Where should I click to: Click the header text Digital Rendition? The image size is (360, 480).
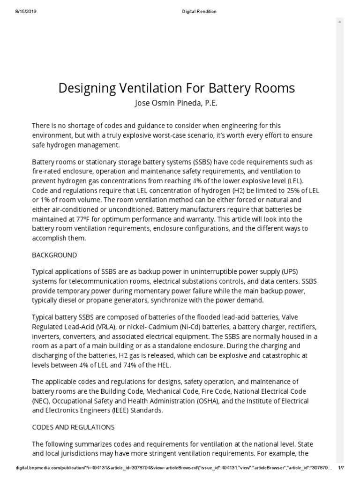[199, 12]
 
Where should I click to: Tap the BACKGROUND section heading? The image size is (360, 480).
[54, 255]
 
